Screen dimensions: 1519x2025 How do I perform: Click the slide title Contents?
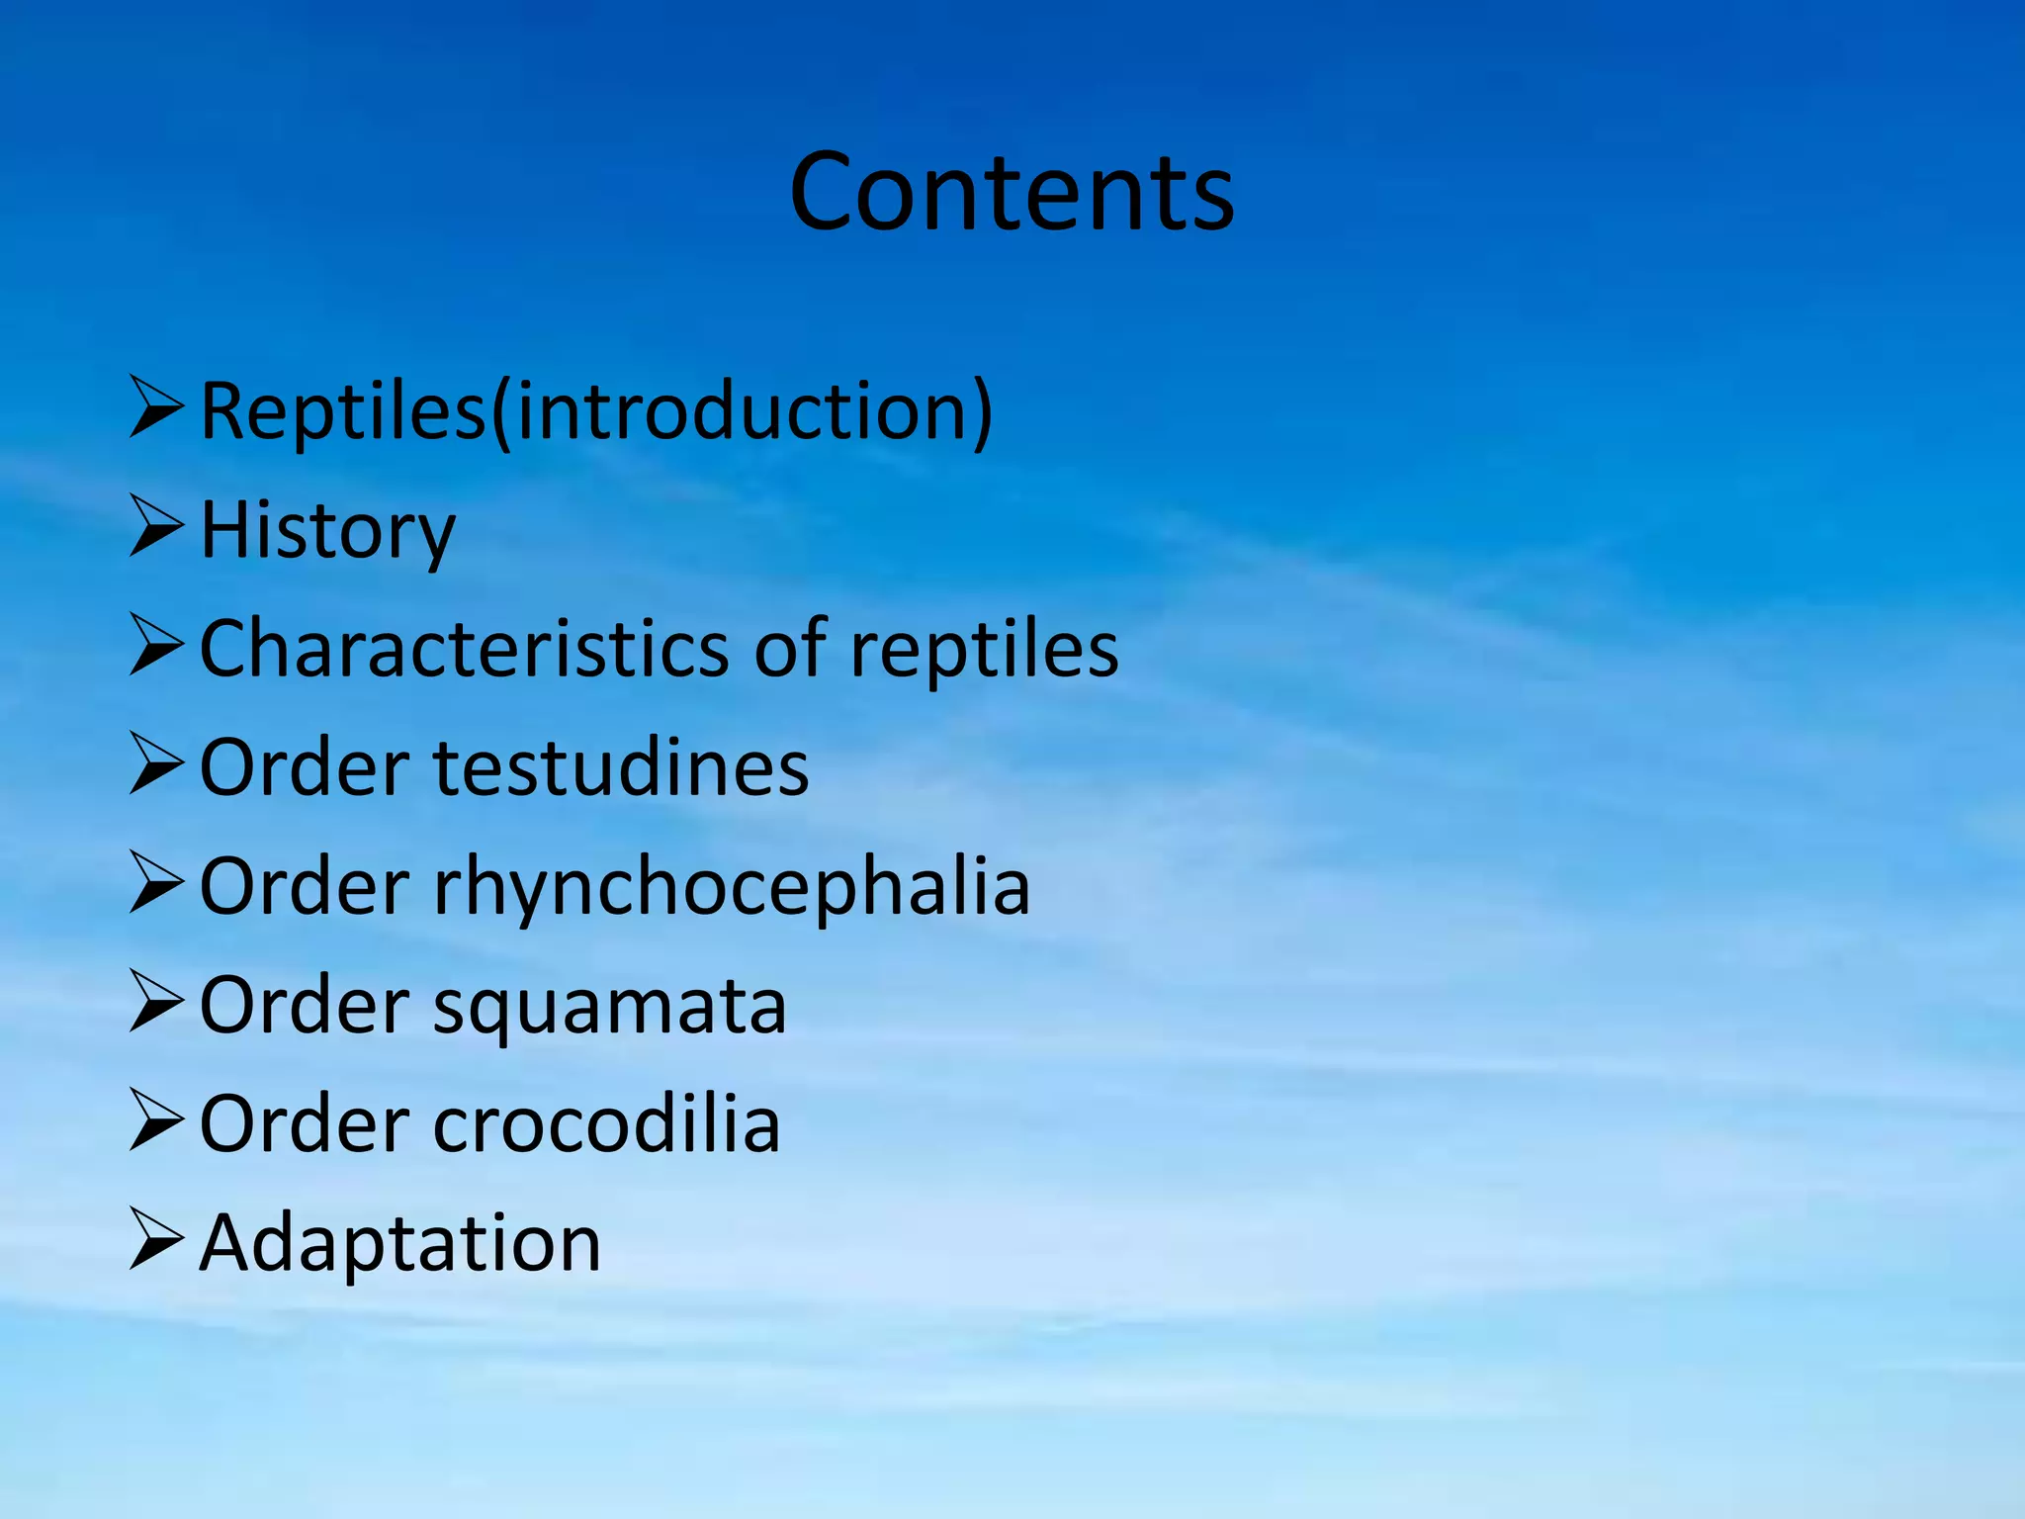1012,192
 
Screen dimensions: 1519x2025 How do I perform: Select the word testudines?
622,768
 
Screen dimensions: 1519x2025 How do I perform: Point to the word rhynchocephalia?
732,887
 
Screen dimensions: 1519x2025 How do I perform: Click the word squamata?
610,1006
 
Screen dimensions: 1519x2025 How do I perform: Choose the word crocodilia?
607,1124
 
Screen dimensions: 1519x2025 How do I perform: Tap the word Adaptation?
400,1243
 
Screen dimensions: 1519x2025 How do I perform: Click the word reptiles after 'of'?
984,650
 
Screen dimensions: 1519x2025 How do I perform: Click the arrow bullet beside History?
156,528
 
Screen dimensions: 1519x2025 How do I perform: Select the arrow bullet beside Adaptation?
156,1240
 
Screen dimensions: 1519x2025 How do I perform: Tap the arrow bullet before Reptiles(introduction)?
156,407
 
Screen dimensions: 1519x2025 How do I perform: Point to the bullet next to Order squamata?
156,1003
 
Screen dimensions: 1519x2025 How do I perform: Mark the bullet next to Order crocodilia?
156,1121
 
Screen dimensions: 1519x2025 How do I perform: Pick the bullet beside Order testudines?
156,765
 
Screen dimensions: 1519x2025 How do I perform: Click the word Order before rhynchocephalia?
305,887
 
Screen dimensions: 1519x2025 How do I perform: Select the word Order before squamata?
305,1006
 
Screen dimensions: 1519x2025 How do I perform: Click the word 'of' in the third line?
790,650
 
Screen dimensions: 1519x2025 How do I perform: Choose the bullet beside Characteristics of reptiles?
156,647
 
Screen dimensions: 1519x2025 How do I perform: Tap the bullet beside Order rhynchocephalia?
156,884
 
